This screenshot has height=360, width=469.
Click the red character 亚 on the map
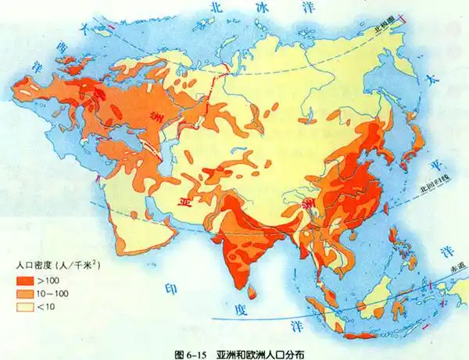(185, 201)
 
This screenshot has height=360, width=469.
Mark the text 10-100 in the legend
(52, 293)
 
